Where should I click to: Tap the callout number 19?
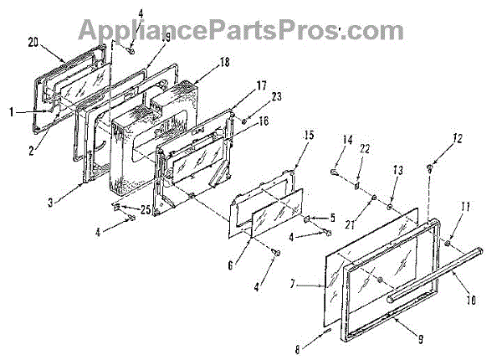(x=166, y=38)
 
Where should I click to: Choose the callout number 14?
(x=347, y=141)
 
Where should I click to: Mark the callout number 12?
(x=457, y=138)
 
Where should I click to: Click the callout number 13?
(x=398, y=169)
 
